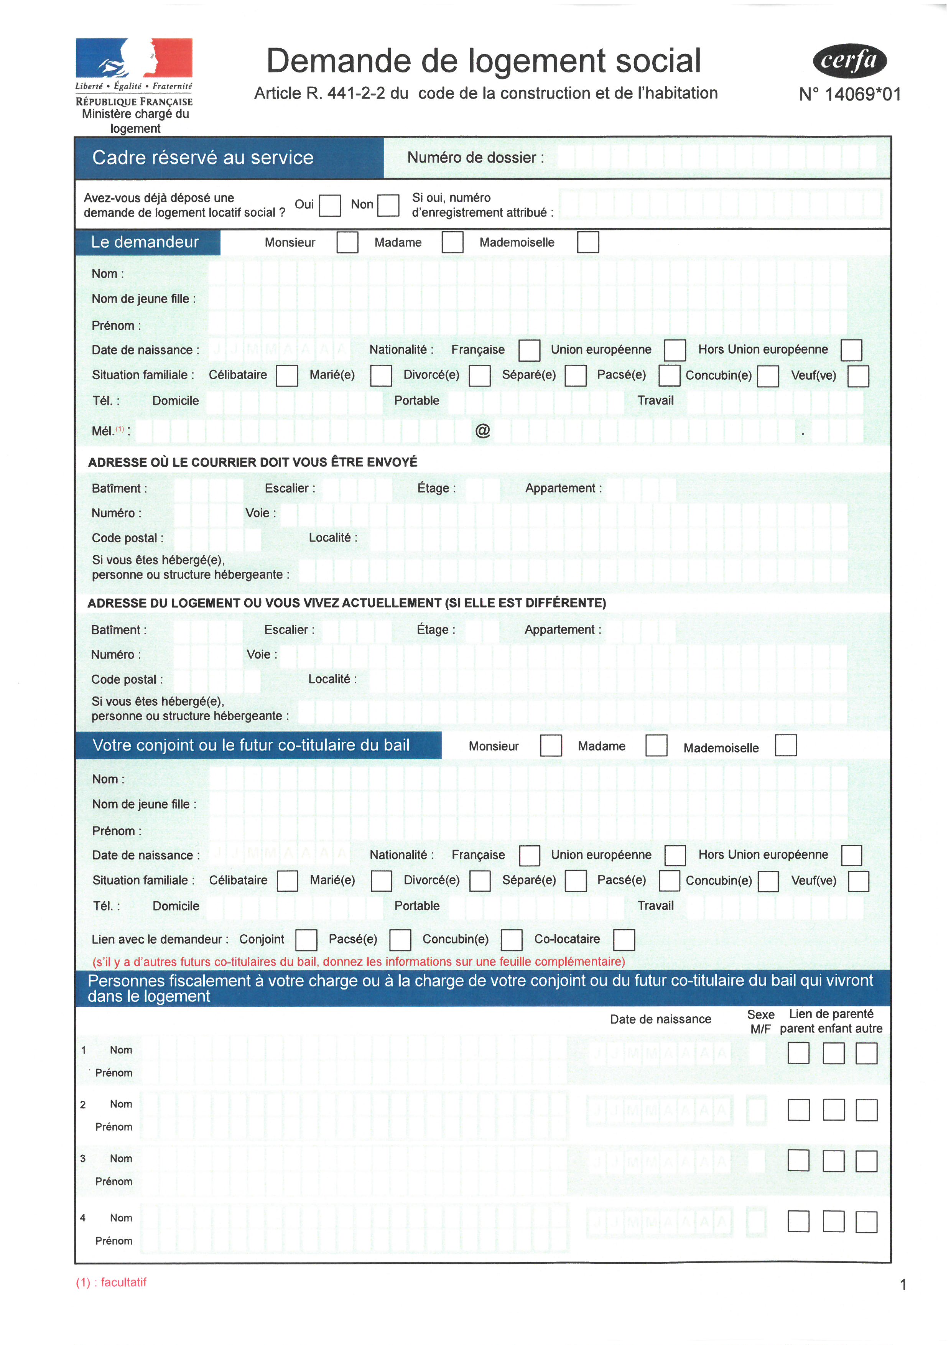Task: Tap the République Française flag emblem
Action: point(134,58)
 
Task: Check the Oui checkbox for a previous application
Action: point(330,206)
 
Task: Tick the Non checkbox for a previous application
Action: point(388,206)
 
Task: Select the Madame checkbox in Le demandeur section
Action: point(452,242)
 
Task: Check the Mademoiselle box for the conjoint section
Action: point(785,746)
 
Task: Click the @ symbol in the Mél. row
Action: point(482,431)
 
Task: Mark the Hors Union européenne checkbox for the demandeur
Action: point(851,350)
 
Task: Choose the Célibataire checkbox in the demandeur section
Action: point(287,375)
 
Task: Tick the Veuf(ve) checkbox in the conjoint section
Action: point(859,881)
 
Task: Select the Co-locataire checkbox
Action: point(624,940)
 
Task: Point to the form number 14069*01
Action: point(850,94)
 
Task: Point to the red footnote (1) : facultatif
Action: point(111,1282)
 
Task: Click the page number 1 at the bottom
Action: point(903,1285)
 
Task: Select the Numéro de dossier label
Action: point(475,158)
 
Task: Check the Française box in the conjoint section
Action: point(529,855)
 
